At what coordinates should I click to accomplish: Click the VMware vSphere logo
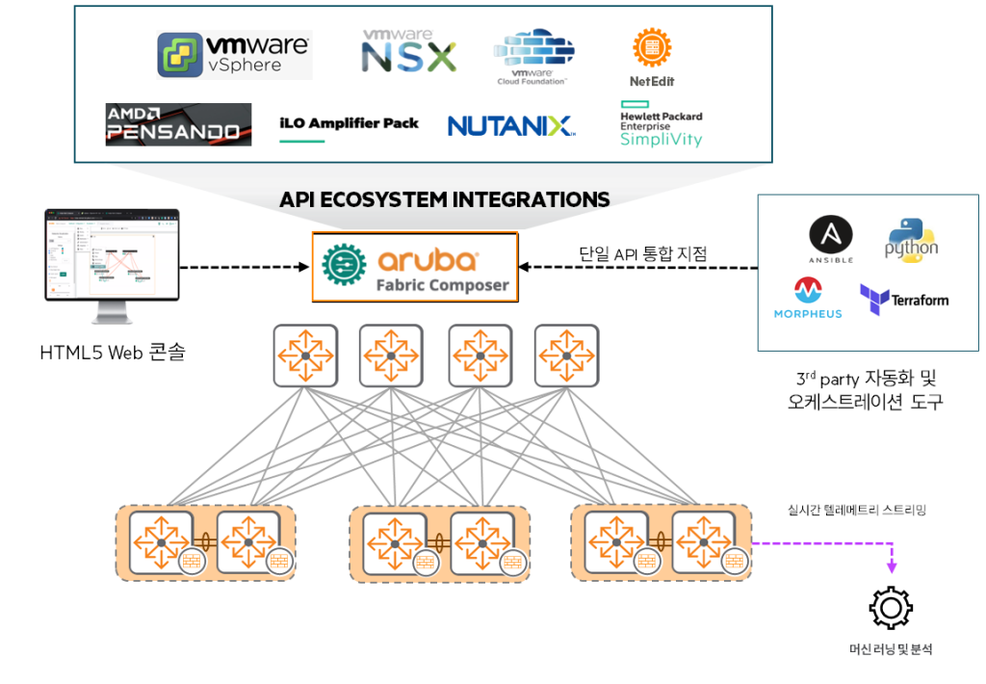coord(234,55)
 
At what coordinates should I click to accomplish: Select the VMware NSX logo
coord(408,51)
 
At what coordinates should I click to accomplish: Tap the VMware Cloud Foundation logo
coord(533,56)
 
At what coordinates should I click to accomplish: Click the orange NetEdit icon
coord(652,47)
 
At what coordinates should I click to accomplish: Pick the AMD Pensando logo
coord(178,124)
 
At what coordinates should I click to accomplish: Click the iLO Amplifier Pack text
coord(349,123)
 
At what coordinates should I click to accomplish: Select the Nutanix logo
coord(510,125)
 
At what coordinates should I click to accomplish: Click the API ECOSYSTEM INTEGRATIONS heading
coord(444,199)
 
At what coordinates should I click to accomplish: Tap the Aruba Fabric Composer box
coord(414,266)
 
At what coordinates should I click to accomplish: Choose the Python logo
coord(911,239)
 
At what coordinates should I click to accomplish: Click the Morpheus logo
coord(807,298)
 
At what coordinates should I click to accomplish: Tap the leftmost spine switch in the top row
coord(304,355)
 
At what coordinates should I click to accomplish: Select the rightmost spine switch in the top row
coord(566,355)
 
